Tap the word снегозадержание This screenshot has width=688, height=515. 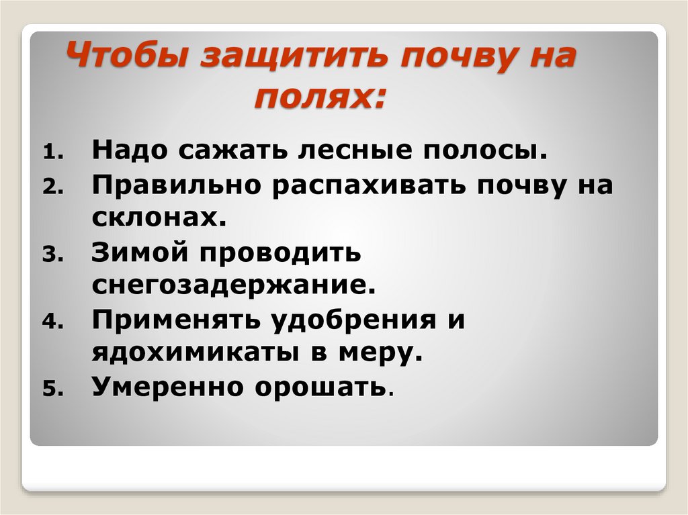tap(232, 285)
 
